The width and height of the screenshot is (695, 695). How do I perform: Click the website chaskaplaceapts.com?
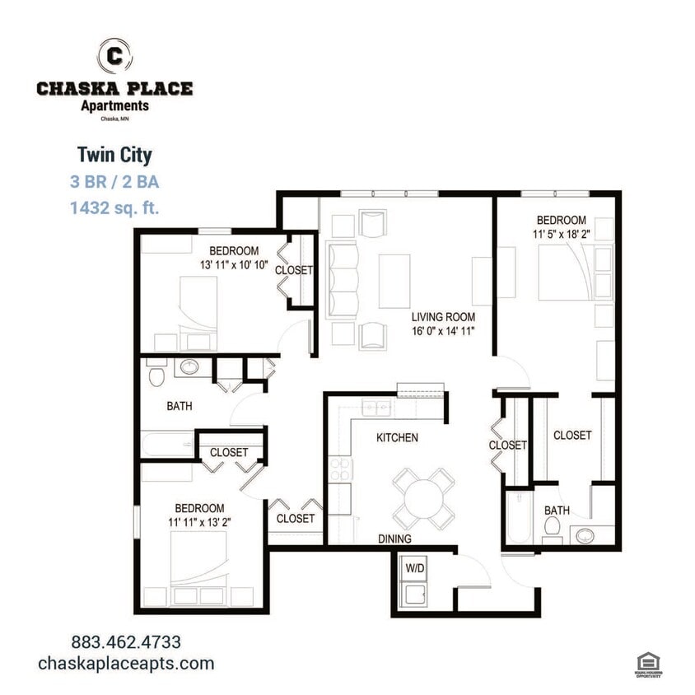[x=126, y=664]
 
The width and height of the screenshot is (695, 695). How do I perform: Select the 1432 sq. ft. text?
[x=114, y=208]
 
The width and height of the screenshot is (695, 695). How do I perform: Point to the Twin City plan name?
[x=114, y=154]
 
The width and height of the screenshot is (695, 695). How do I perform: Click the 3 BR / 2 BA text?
[x=114, y=181]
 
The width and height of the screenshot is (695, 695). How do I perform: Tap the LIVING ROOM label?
[x=444, y=316]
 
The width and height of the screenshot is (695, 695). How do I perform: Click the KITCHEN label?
[x=398, y=437]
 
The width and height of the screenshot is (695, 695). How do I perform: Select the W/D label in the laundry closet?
[x=413, y=567]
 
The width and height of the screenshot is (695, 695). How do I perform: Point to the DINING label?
[x=395, y=539]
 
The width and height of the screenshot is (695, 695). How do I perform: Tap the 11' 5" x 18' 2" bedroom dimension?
[x=562, y=234]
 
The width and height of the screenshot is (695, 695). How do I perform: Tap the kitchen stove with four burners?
[x=340, y=470]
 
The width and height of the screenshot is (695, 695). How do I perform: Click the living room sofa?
[x=343, y=279]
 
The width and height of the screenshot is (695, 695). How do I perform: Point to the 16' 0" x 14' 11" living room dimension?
[x=444, y=330]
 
